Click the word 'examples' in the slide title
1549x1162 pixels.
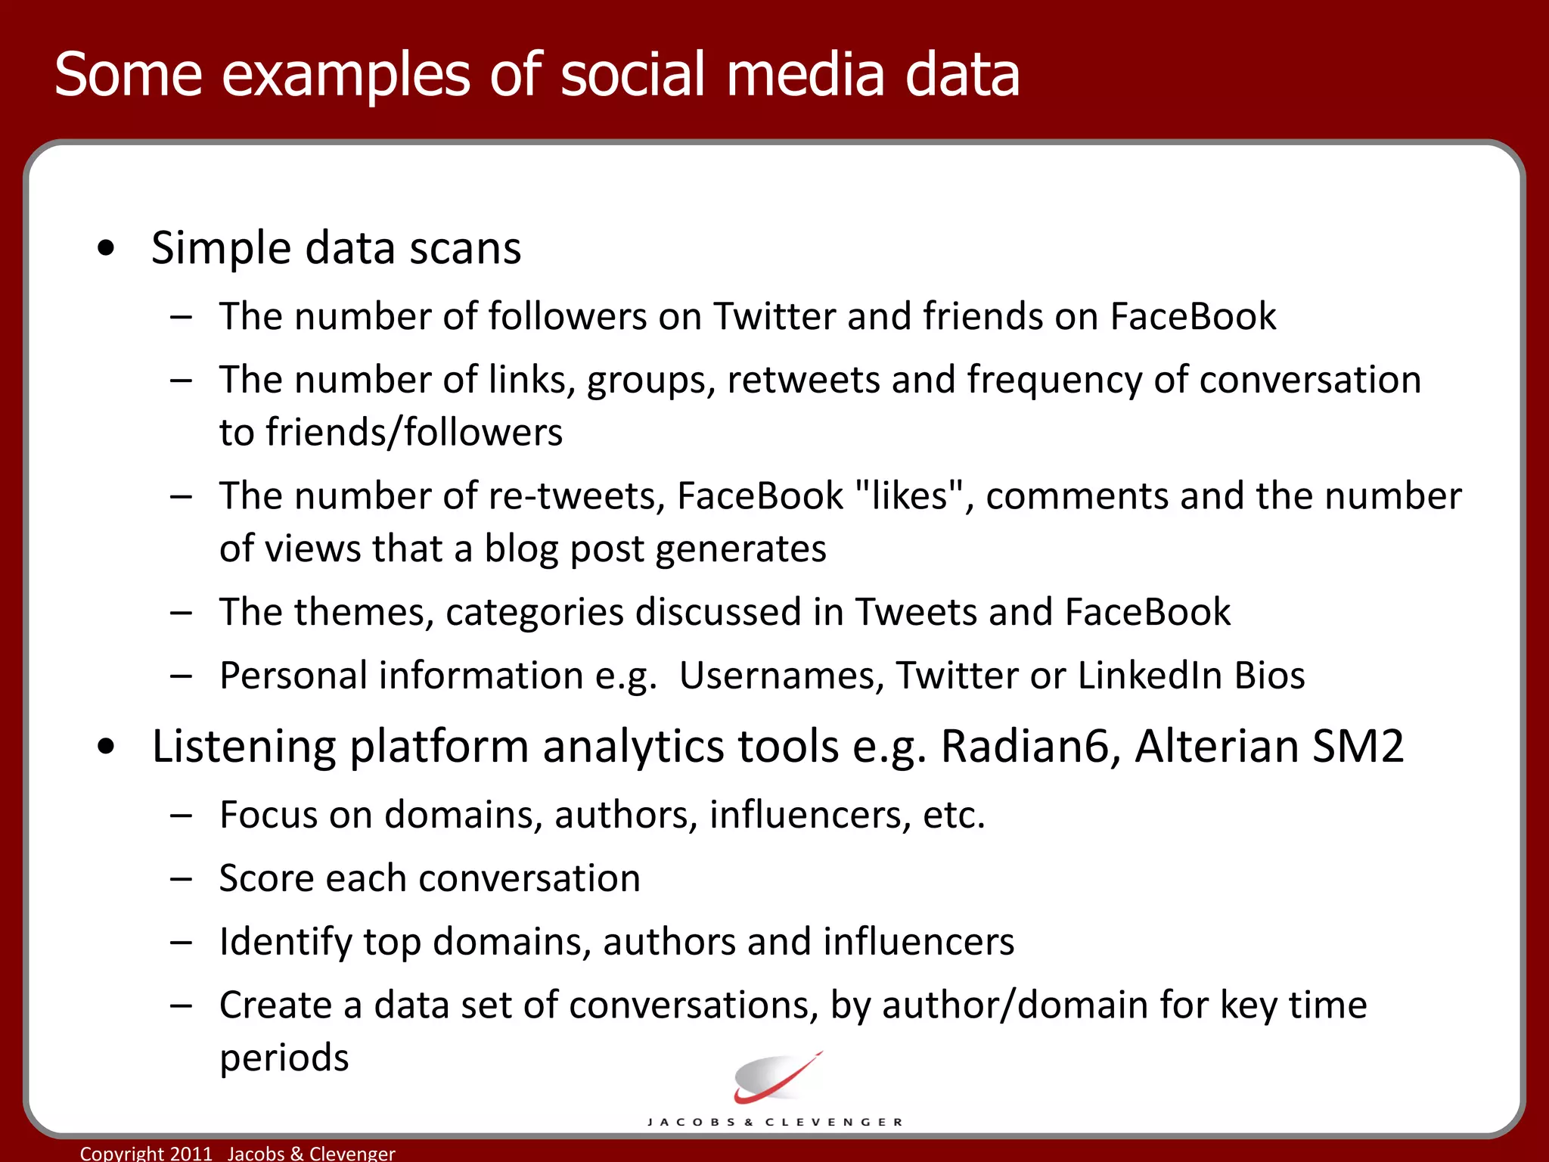(346, 76)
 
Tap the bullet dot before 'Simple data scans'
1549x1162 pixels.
(107, 248)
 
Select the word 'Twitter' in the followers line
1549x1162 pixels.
(774, 316)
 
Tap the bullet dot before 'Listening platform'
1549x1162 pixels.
(107, 747)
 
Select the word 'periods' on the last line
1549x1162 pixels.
(284, 1058)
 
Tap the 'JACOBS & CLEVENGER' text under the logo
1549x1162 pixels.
(775, 1122)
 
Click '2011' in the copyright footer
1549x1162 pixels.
(191, 1153)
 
